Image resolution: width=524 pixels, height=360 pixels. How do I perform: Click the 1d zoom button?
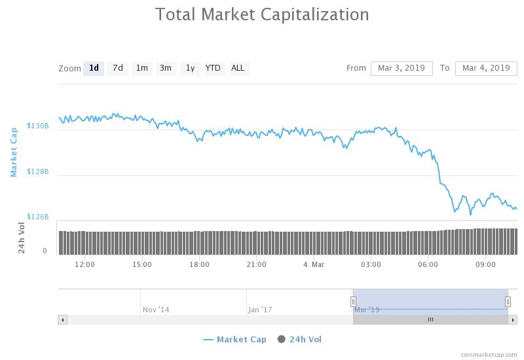coord(94,68)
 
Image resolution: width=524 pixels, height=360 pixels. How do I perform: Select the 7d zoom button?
coord(118,68)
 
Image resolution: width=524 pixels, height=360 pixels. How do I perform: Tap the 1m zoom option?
coord(141,68)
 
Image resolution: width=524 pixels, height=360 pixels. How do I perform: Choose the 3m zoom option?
coord(166,68)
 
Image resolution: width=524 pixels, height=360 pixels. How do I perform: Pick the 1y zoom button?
coord(190,68)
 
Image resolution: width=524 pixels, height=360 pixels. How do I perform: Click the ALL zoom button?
coord(238,68)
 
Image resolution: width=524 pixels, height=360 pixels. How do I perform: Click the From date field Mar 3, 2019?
coord(402,68)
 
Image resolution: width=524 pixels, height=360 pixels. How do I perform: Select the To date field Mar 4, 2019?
coord(486,68)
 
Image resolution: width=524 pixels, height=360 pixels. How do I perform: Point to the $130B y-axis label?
coord(37,126)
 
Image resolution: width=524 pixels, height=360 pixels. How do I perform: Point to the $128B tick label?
coord(37,171)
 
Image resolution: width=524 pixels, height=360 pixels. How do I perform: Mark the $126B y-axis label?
coord(37,217)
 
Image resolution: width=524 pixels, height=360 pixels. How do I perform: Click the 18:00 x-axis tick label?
coord(199,264)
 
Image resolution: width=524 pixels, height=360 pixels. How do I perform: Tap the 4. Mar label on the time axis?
coord(314,264)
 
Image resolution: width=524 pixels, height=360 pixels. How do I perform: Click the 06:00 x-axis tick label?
coord(428,264)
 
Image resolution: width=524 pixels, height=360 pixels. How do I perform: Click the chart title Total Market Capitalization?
coord(262,14)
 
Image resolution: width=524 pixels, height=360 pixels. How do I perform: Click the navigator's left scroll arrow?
coord(63,319)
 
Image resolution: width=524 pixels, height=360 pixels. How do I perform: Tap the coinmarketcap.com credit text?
coord(488,354)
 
